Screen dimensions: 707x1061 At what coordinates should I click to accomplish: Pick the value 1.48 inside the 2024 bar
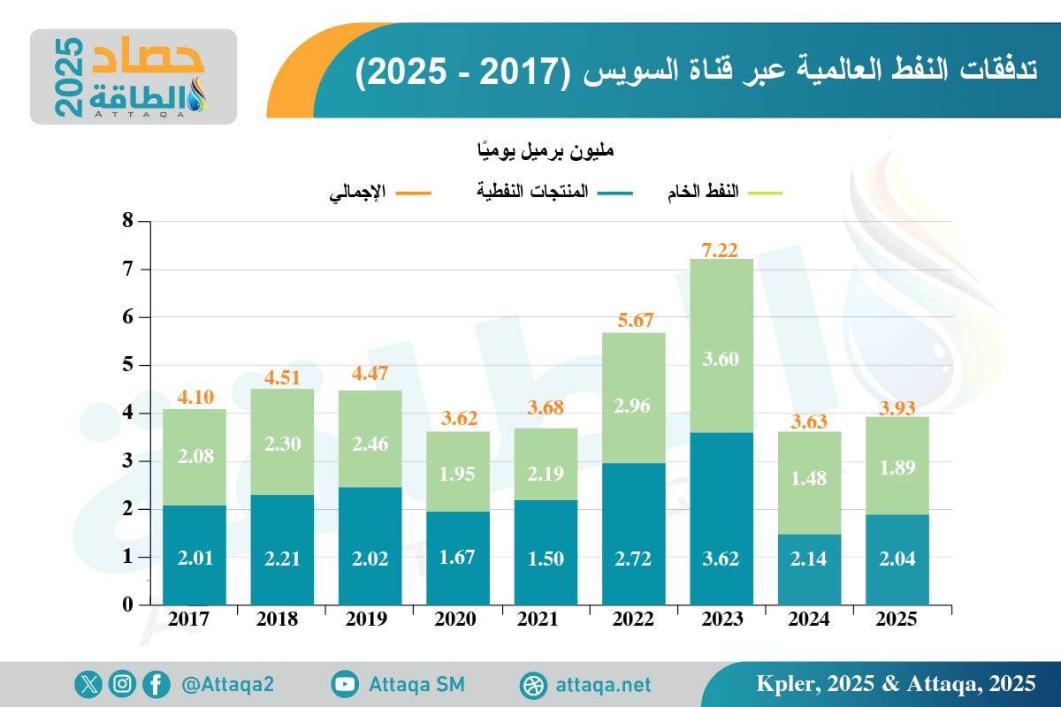[808, 478]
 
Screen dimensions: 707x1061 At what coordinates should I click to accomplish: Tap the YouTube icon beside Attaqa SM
[345, 684]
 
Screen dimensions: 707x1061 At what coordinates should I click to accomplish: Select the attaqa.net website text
[604, 685]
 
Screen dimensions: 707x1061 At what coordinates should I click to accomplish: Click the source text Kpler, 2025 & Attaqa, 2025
[896, 683]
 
